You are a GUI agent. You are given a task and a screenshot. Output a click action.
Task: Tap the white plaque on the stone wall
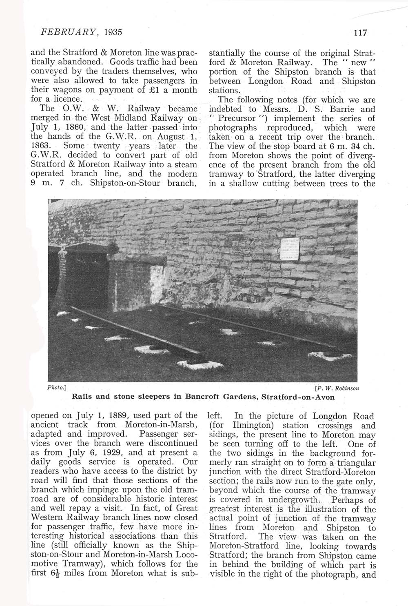(x=290, y=249)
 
